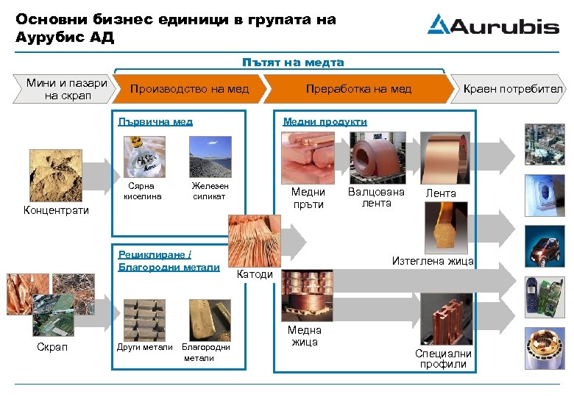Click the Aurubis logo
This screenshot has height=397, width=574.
point(492,25)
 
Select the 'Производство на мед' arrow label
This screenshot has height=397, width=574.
point(189,89)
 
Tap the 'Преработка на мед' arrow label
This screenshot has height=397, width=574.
point(358,89)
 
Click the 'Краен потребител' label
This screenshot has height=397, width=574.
point(512,89)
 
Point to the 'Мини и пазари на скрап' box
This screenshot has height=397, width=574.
point(66,89)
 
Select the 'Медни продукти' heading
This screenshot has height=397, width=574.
point(325,121)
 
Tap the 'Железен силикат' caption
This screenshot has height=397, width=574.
point(210,191)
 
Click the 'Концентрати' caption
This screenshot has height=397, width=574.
point(56,211)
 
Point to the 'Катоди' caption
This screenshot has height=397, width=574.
point(257,274)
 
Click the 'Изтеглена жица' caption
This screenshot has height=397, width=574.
point(432,261)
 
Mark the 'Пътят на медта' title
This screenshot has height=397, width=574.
point(293,62)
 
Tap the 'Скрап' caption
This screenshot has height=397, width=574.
point(52,347)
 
